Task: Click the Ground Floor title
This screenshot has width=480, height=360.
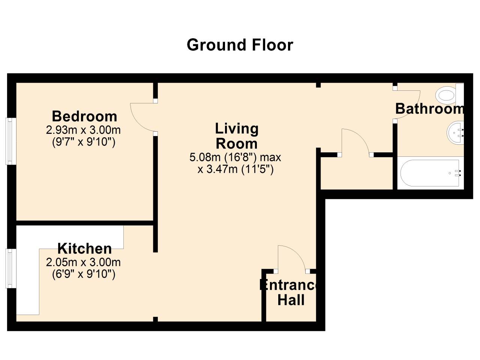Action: (240, 45)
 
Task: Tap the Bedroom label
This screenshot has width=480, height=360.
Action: (84, 116)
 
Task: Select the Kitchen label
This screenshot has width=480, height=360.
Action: (84, 249)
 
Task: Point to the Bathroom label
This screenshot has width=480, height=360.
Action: (429, 109)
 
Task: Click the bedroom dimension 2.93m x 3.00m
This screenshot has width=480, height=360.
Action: (83, 130)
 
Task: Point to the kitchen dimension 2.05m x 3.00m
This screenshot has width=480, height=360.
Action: (83, 262)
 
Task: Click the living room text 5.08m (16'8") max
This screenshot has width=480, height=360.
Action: (235, 157)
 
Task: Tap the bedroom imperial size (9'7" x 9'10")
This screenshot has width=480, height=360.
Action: (84, 142)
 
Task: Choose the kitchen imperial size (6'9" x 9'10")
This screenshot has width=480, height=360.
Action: (84, 274)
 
